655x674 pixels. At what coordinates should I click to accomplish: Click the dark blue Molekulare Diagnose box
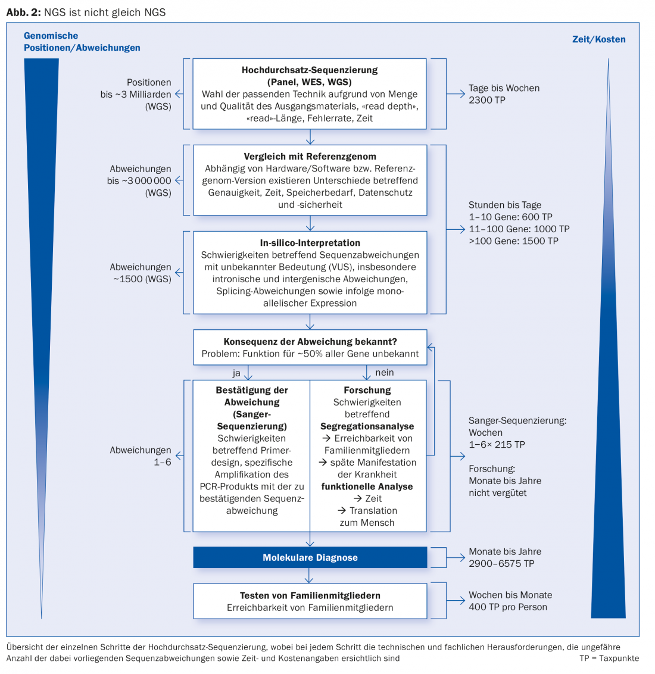click(310, 558)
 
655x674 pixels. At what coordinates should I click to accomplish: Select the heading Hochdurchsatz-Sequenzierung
click(310, 70)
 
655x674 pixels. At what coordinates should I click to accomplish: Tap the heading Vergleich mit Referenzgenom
click(310, 157)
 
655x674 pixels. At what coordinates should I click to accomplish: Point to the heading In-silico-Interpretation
click(310, 243)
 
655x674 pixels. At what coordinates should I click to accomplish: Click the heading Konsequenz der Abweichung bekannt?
click(310, 342)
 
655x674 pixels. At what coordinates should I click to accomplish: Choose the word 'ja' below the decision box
click(236, 373)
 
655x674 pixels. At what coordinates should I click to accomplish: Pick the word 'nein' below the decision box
click(385, 373)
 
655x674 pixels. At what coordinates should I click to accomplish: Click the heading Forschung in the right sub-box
click(367, 391)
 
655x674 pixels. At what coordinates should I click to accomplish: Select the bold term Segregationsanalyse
click(367, 426)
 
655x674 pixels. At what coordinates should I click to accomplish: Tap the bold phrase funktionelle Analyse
click(367, 486)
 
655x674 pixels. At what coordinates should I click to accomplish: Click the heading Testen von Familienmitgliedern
click(310, 595)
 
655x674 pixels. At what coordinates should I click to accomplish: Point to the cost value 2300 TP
click(487, 100)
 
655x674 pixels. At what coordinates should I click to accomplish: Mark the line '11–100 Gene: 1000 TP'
click(519, 229)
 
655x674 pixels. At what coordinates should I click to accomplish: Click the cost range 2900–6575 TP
click(501, 564)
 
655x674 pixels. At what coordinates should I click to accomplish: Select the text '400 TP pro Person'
click(508, 607)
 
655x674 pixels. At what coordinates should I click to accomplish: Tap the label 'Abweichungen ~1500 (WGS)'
click(141, 273)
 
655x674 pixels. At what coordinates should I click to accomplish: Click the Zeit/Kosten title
click(598, 39)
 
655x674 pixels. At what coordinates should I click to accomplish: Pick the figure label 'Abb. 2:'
click(23, 13)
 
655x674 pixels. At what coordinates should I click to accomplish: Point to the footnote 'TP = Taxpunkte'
click(609, 659)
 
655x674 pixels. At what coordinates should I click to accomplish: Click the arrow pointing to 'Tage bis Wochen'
click(457, 94)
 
